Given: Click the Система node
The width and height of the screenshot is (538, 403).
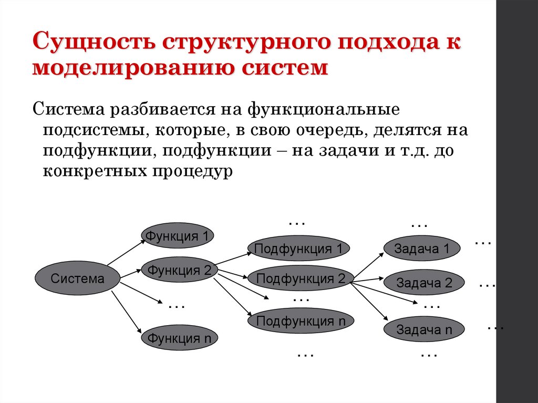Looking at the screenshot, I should (77, 278).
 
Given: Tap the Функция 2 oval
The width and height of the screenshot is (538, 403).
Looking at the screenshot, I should (179, 270).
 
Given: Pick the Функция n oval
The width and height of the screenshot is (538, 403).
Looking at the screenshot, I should (179, 338).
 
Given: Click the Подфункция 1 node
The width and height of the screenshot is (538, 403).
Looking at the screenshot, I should (298, 249).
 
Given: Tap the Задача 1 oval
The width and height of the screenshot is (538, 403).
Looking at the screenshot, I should (422, 249).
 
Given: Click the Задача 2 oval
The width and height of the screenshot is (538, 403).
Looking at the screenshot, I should (424, 283).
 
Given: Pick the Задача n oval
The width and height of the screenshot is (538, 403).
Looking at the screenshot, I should (424, 330).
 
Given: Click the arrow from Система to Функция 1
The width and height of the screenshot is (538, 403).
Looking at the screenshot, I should (126, 252).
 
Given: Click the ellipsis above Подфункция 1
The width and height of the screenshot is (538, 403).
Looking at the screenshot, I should (297, 223).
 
